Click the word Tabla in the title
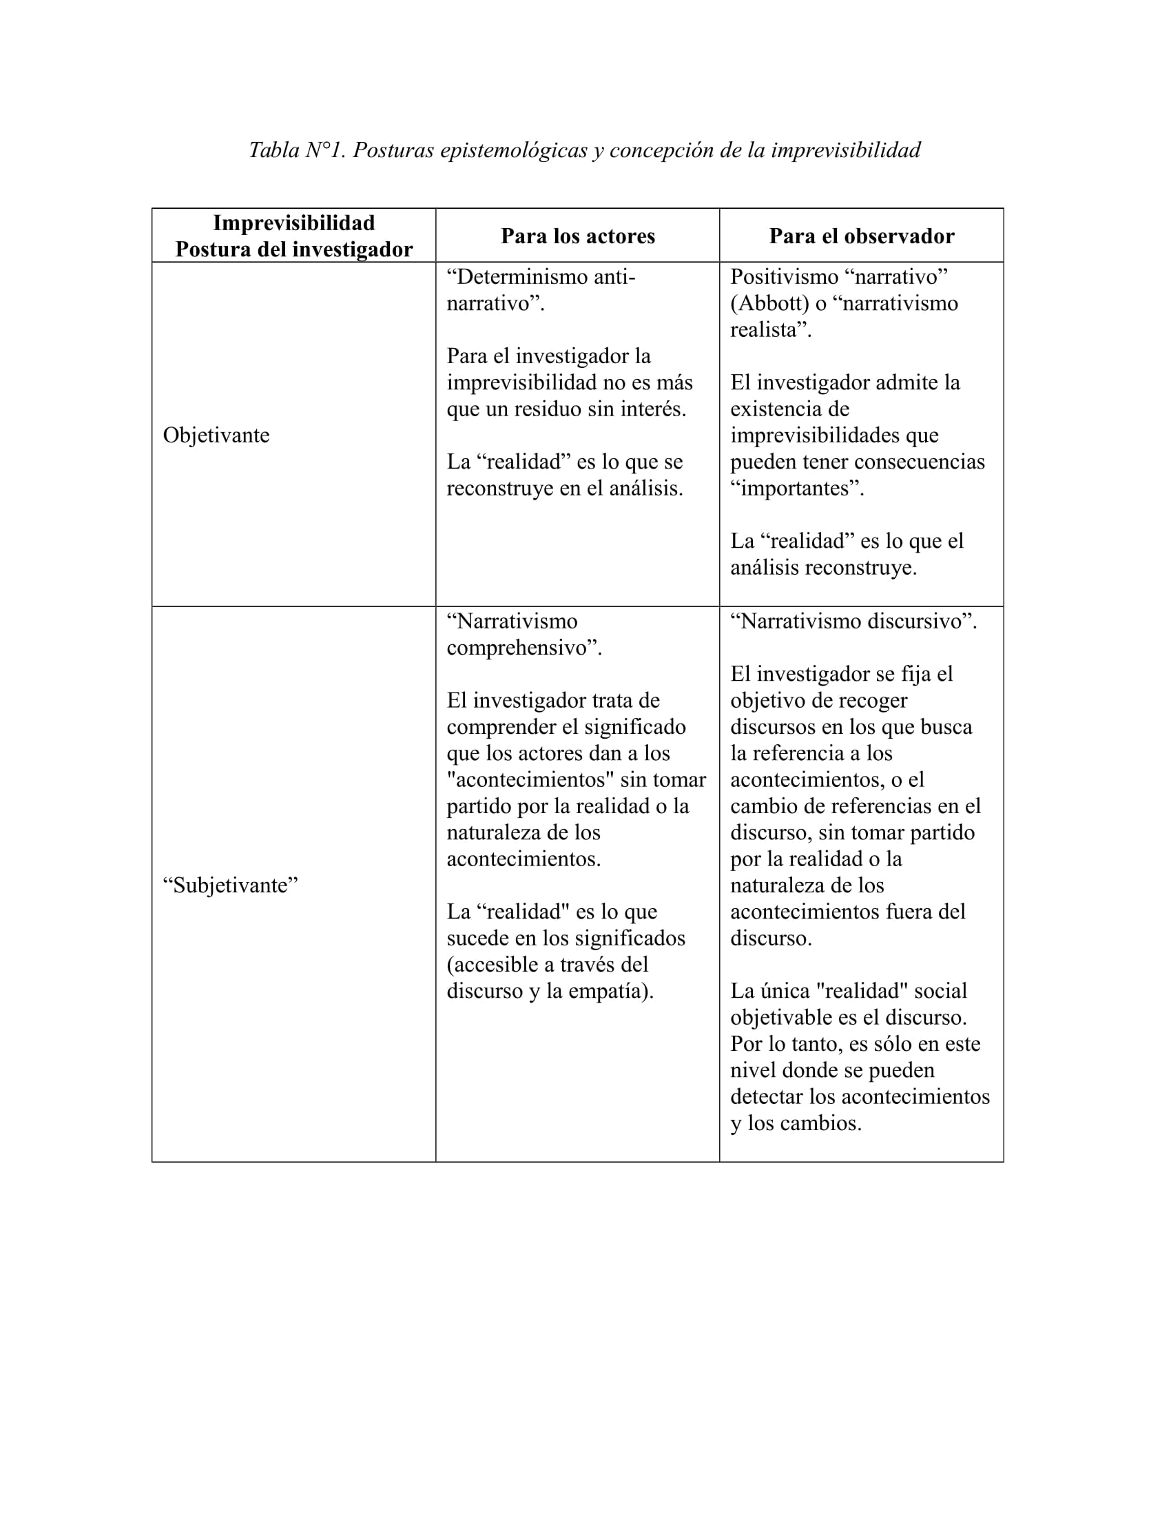click(273, 150)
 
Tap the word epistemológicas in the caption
click(513, 150)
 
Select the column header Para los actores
click(577, 236)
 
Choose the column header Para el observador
click(861, 236)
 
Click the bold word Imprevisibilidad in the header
click(293, 223)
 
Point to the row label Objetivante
click(216, 436)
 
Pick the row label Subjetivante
click(230, 885)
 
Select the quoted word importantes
click(797, 488)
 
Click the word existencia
click(789, 409)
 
